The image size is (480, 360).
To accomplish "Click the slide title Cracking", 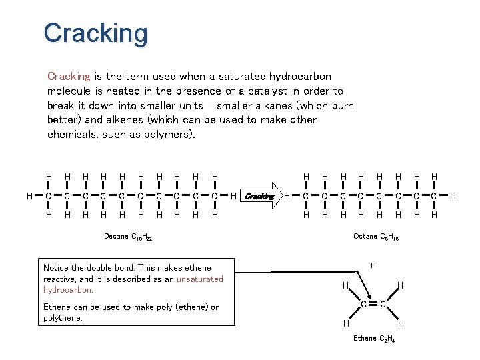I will (95, 33).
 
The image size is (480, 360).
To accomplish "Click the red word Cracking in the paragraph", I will (69, 77).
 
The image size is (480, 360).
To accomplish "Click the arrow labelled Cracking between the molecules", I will (260, 196).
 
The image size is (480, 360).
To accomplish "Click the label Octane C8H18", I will (376, 237).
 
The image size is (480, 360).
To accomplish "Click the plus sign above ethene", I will (371, 265).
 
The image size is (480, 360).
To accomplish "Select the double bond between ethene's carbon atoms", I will (372, 305).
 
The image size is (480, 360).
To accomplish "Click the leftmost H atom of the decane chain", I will (29, 195).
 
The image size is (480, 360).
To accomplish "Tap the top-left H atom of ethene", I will (345, 285).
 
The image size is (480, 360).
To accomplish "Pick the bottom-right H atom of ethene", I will (401, 323).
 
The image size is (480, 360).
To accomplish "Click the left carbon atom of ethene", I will (363, 305).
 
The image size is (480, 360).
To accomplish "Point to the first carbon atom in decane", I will (49, 196).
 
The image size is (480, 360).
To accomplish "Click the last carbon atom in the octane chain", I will (434, 196).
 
